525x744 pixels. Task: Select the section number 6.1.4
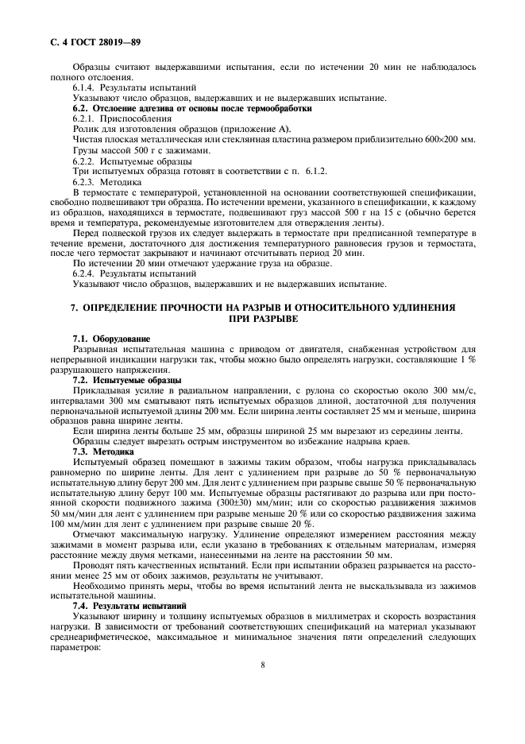tap(85, 87)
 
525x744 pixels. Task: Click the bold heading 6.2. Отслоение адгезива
tap(192, 107)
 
